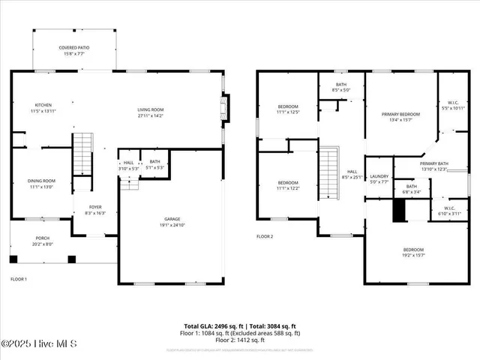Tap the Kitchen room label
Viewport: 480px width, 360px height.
click(x=43, y=108)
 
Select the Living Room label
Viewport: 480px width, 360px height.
click(x=150, y=112)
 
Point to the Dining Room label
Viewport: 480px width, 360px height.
click(x=42, y=184)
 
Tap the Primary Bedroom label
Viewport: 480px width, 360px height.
click(x=400, y=117)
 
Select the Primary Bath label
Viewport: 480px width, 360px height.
click(x=433, y=166)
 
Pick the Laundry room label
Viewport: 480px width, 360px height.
click(x=380, y=179)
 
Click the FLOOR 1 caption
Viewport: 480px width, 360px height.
click(x=19, y=279)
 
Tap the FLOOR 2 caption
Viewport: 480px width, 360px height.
click(x=265, y=236)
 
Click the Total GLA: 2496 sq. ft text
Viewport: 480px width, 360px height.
click(x=214, y=326)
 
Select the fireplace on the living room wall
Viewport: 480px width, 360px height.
click(x=223, y=108)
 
